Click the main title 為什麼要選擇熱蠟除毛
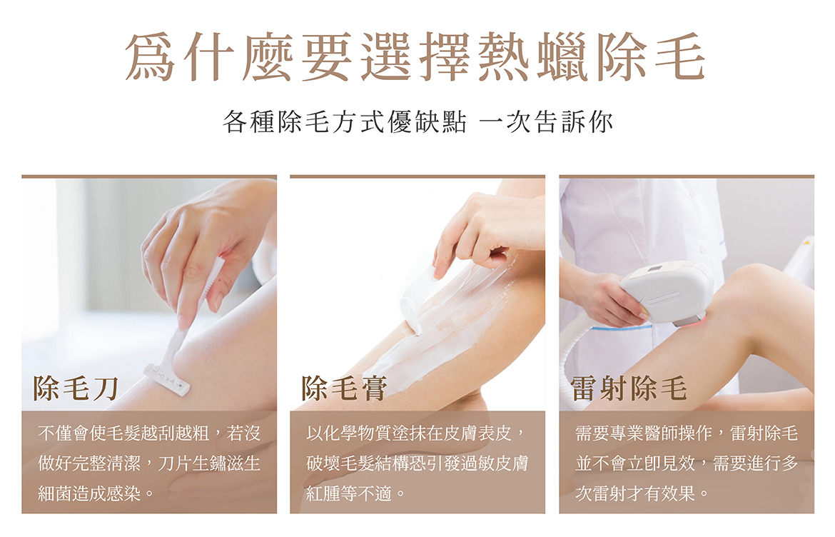416,56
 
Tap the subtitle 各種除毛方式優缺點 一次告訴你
418,122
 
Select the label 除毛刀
76,388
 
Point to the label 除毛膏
344,388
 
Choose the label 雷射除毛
629,388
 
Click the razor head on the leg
167,379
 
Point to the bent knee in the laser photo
756,288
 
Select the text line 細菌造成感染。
96,493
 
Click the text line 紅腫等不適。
355,493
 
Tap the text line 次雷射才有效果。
642,493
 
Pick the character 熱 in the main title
504,56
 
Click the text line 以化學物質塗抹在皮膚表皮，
417,433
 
